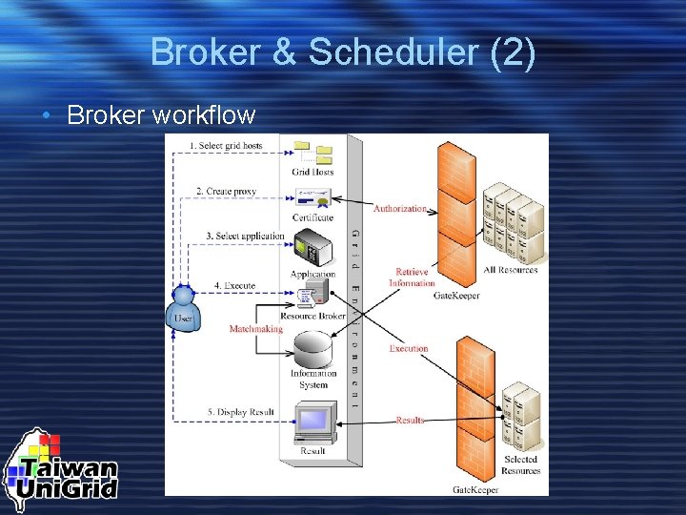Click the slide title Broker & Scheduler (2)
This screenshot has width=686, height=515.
pyautogui.click(x=343, y=52)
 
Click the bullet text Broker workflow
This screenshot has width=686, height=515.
pyautogui.click(x=161, y=115)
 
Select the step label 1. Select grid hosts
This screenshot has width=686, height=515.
pyautogui.click(x=225, y=145)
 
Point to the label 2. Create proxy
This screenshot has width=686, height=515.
pyautogui.click(x=226, y=191)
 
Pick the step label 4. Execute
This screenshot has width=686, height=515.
pyautogui.click(x=234, y=284)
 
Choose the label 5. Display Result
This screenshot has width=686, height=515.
pyautogui.click(x=240, y=412)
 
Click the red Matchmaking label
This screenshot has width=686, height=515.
pyautogui.click(x=255, y=329)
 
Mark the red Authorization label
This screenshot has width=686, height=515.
pyautogui.click(x=400, y=208)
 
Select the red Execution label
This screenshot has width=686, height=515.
pyautogui.click(x=409, y=349)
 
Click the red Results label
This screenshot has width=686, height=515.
pyautogui.click(x=410, y=420)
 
